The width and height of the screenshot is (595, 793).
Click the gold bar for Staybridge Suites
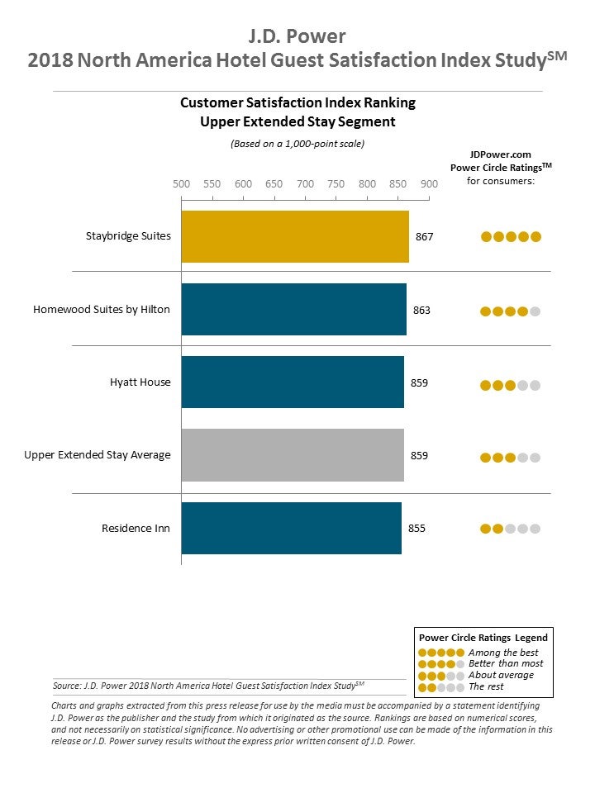[295, 236]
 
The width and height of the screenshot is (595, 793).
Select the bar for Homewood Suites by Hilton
[293, 309]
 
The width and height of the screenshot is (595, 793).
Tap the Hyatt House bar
[293, 382]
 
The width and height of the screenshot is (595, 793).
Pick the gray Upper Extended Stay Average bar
[293, 454]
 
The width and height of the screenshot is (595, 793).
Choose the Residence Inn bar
[291, 527]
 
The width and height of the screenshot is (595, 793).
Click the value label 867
[424, 236]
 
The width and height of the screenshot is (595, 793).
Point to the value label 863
[421, 310]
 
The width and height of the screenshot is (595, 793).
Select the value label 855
[416, 528]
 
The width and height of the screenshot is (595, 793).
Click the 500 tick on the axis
[181, 183]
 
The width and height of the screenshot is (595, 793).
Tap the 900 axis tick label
[429, 183]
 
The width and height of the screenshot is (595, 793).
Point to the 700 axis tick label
[305, 183]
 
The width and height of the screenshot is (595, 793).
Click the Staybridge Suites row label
[128, 236]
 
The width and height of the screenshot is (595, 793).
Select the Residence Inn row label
[136, 528]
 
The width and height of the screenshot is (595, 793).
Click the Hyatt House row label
[140, 382]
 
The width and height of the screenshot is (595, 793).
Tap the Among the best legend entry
[503, 653]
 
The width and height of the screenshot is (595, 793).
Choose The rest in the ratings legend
[487, 686]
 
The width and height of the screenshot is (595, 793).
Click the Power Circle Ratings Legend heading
[483, 637]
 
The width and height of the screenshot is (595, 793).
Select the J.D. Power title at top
[297, 36]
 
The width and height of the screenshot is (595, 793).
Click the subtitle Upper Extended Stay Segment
[297, 121]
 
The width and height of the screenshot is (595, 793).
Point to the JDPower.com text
[500, 154]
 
